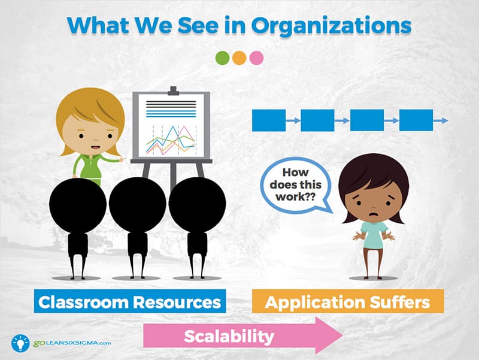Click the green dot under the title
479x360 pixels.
(x=222, y=58)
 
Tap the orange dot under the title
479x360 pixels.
(x=239, y=58)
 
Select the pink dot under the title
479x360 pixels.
(x=256, y=58)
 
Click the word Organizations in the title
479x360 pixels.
(x=331, y=26)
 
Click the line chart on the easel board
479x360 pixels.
(x=171, y=140)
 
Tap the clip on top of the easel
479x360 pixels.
(x=173, y=91)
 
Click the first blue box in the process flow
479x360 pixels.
(x=269, y=120)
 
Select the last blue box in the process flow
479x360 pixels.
(x=416, y=120)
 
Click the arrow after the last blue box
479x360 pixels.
(x=441, y=121)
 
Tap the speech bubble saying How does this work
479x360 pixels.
(x=296, y=185)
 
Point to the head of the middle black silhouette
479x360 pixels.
(x=138, y=204)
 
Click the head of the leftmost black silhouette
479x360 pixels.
(x=78, y=205)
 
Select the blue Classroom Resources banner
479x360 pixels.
(x=130, y=301)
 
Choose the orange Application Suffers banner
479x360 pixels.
(x=348, y=301)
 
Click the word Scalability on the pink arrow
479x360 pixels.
(x=229, y=336)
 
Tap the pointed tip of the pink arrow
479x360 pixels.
(x=342, y=335)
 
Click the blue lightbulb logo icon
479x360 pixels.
(x=20, y=343)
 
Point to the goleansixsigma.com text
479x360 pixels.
(x=72, y=343)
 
